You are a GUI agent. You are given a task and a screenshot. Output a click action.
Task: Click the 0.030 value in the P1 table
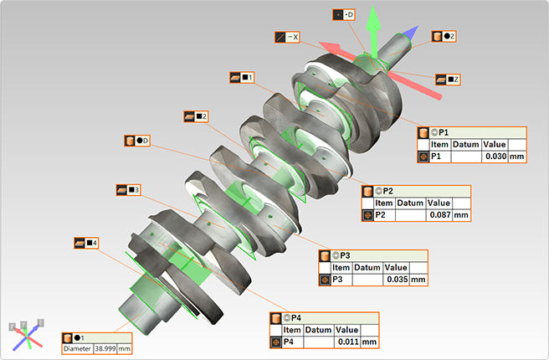pyautogui.click(x=495, y=157)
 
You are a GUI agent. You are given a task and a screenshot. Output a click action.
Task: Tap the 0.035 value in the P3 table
pyautogui.click(x=394, y=280)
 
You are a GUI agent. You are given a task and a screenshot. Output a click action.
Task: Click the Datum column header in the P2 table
pyautogui.click(x=410, y=203)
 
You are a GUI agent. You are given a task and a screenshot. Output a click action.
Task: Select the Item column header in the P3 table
pyautogui.click(x=341, y=267)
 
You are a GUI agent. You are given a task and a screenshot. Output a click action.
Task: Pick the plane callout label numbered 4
pyautogui.click(x=86, y=243)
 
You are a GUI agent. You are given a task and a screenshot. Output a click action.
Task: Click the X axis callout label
pyautogui.click(x=288, y=37)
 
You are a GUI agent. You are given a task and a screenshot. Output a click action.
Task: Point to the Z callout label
pyautogui.click(x=449, y=79)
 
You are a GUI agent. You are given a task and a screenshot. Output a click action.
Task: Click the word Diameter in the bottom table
pyautogui.click(x=76, y=347)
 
